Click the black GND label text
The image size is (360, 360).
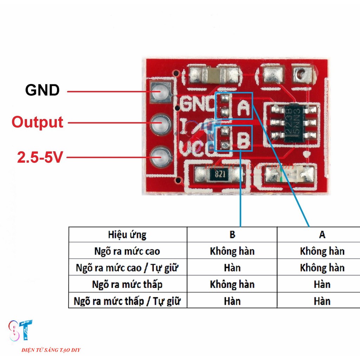42,90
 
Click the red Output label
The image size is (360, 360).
38,122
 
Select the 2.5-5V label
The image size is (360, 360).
40,157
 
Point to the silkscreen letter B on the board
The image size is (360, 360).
243,141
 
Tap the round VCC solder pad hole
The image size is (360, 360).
161,156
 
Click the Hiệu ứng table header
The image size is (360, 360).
127,234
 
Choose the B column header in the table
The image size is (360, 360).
232,234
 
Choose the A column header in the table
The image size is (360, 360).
322,234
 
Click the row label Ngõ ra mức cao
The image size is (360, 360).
127,251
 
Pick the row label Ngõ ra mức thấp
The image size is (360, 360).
127,284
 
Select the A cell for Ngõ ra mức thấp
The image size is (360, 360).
322,284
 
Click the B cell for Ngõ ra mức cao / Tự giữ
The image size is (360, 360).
232,268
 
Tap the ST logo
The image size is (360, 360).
21,330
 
